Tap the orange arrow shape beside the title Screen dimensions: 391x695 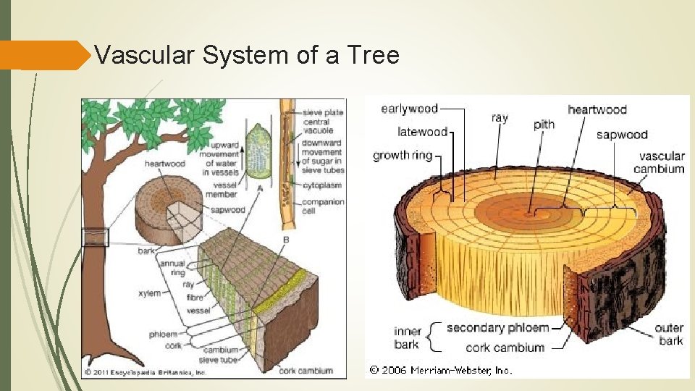pyautogui.click(x=43, y=55)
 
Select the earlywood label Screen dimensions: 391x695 pyautogui.click(x=409, y=109)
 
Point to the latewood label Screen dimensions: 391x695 pyautogui.click(x=422, y=132)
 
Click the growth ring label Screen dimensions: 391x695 pyautogui.click(x=402, y=155)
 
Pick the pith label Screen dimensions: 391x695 pyautogui.click(x=544, y=125)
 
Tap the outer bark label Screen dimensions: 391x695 pyautogui.click(x=669, y=335)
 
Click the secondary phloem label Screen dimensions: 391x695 pyautogui.click(x=497, y=328)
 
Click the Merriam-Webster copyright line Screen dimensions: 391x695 pyautogui.click(x=440, y=370)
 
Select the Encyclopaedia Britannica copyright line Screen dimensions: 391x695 pyautogui.click(x=146, y=372)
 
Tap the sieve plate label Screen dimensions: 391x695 pyautogui.click(x=323, y=112)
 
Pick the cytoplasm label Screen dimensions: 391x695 pyautogui.click(x=321, y=185)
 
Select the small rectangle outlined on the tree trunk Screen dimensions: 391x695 pyautogui.click(x=96, y=237)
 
